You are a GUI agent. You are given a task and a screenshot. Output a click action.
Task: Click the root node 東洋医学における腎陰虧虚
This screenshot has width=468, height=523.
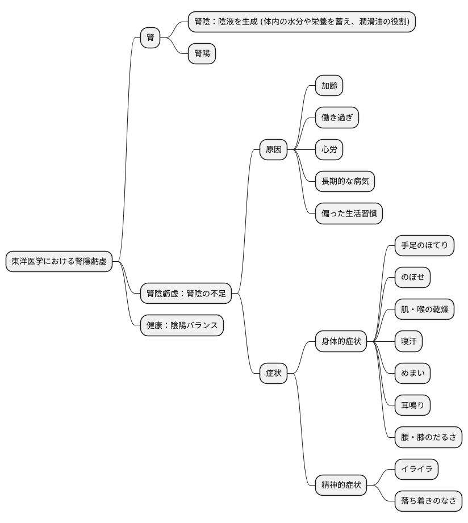[x=59, y=261]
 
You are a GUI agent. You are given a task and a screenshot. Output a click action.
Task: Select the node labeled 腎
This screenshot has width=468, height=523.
[x=151, y=37]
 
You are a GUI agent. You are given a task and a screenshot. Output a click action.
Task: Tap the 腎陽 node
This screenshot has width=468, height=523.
[x=202, y=53]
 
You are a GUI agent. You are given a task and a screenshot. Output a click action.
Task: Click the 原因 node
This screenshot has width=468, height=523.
[x=274, y=149]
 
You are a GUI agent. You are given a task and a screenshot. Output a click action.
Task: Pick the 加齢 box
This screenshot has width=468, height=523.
[x=329, y=86]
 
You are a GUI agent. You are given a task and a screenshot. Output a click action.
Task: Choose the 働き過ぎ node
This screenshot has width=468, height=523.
[x=337, y=118]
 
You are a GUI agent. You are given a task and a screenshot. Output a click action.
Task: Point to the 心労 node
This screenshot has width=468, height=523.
[x=329, y=149]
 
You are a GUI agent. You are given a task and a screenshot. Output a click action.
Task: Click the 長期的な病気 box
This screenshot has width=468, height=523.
[x=345, y=182]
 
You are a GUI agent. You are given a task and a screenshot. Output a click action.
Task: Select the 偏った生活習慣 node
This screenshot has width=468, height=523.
[x=349, y=214]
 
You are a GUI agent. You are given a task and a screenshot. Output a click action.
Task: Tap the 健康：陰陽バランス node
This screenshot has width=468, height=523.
[x=182, y=325]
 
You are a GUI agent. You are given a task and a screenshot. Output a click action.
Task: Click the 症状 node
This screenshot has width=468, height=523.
[x=274, y=373]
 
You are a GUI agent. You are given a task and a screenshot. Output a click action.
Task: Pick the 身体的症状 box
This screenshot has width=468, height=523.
[x=341, y=341]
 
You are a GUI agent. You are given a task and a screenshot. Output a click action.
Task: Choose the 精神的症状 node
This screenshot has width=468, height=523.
[x=341, y=485]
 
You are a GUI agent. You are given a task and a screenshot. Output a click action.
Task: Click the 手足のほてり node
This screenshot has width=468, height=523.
[x=424, y=245]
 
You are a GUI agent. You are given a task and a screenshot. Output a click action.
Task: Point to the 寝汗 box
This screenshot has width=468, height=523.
[x=408, y=341]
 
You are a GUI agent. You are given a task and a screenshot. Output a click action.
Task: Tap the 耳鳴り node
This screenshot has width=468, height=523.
[x=413, y=405]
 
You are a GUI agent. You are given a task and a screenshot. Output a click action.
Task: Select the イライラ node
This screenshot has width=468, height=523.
[x=417, y=469]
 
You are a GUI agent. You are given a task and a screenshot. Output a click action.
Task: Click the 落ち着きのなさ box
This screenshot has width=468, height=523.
[x=428, y=501]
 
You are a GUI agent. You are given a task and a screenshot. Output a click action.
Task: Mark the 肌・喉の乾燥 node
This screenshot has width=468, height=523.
[x=424, y=309]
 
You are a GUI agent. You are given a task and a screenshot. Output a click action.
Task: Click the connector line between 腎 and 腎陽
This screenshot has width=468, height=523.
[x=174, y=45]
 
